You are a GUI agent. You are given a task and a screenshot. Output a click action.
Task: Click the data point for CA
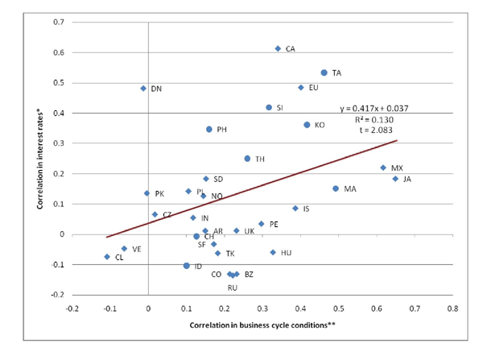pos(278,48)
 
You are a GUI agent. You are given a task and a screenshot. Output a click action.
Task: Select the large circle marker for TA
pos(324,72)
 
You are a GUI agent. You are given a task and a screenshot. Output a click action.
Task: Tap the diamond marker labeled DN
pos(143,89)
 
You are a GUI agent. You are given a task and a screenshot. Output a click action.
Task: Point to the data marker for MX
pos(383,168)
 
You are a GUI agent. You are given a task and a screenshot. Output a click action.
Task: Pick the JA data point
pos(395,179)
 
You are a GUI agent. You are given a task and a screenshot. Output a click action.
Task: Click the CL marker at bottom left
pos(107,257)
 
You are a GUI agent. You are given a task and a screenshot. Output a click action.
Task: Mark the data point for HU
pos(273,252)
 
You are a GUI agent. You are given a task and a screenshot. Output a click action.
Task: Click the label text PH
pos(222,130)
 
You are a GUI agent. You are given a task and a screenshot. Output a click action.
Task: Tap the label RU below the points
pos(233,288)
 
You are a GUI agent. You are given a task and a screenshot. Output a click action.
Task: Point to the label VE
pos(137,250)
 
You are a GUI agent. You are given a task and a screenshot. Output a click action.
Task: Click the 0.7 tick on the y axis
pos(58,22)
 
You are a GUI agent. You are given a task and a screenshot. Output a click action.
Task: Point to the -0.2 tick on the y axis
pos(56,295)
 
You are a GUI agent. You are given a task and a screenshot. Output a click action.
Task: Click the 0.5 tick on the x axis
pos(338,308)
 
